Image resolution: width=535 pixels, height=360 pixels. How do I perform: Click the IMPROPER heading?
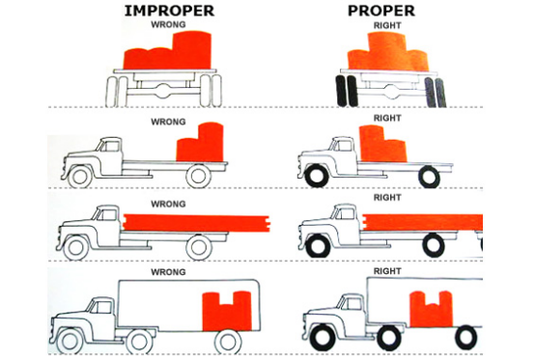(x=169, y=11)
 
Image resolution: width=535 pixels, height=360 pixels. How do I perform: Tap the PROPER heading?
(x=381, y=11)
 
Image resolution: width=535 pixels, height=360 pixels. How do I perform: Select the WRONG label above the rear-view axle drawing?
(x=168, y=24)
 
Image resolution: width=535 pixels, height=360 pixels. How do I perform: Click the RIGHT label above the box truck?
(x=387, y=271)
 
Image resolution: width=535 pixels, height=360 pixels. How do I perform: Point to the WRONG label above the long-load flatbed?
(x=168, y=204)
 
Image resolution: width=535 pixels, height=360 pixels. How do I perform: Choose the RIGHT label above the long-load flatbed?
(x=387, y=198)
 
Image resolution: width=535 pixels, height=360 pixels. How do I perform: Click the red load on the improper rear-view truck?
(x=167, y=51)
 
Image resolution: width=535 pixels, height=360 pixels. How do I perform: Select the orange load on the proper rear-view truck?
(x=388, y=53)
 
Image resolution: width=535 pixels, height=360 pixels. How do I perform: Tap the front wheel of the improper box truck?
(x=70, y=341)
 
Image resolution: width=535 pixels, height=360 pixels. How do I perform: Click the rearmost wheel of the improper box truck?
(x=228, y=342)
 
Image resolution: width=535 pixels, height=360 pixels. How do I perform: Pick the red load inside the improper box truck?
(x=227, y=311)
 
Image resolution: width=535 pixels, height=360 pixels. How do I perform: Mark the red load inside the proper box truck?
(x=432, y=309)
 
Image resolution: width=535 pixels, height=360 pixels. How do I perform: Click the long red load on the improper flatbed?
(x=197, y=223)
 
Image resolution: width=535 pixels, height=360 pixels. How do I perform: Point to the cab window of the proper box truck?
(x=352, y=302)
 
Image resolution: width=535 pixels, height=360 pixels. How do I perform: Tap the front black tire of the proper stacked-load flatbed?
(x=318, y=176)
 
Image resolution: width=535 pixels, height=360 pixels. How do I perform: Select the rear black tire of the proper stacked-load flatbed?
(x=429, y=177)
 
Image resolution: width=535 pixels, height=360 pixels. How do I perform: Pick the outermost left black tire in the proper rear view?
(x=341, y=91)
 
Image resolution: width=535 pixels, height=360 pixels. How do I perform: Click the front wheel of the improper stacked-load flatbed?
(x=80, y=176)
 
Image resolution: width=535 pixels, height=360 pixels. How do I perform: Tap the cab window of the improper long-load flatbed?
(x=107, y=215)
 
